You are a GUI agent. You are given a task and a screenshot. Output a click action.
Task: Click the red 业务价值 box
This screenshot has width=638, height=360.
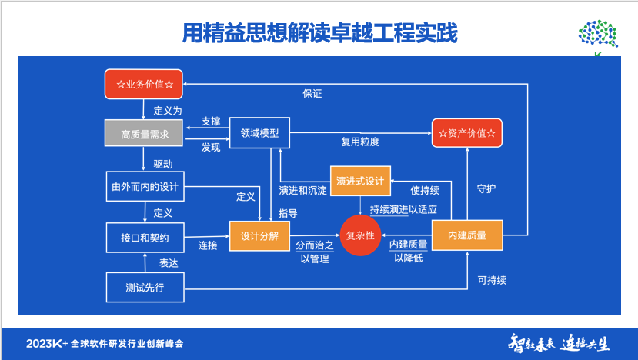click(145, 83)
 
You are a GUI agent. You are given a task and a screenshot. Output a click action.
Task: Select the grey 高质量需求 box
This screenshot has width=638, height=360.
click(145, 134)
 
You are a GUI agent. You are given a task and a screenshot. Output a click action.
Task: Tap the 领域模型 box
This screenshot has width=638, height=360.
click(253, 133)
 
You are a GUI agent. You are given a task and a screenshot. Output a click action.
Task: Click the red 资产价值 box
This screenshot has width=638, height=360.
click(466, 133)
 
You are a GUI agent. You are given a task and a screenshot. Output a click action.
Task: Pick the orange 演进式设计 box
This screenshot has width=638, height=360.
click(360, 181)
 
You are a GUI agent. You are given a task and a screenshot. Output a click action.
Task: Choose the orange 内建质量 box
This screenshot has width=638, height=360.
click(466, 235)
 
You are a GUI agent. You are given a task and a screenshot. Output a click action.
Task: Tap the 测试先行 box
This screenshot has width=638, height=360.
click(145, 288)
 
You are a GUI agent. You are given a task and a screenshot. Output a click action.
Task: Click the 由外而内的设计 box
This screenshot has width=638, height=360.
click(145, 185)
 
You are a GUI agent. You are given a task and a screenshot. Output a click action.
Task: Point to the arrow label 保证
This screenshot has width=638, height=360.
click(312, 94)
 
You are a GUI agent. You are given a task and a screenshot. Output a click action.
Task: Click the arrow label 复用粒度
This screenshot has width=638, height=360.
click(360, 142)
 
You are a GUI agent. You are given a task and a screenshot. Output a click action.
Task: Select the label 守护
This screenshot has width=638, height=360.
click(486, 187)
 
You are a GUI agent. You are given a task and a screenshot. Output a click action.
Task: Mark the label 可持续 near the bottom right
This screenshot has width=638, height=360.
click(492, 280)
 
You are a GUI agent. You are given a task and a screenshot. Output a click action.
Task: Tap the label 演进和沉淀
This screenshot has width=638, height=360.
click(302, 188)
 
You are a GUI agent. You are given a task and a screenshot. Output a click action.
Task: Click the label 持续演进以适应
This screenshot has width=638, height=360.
click(403, 209)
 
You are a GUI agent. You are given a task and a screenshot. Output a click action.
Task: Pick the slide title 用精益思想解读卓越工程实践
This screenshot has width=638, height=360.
click(319, 33)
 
